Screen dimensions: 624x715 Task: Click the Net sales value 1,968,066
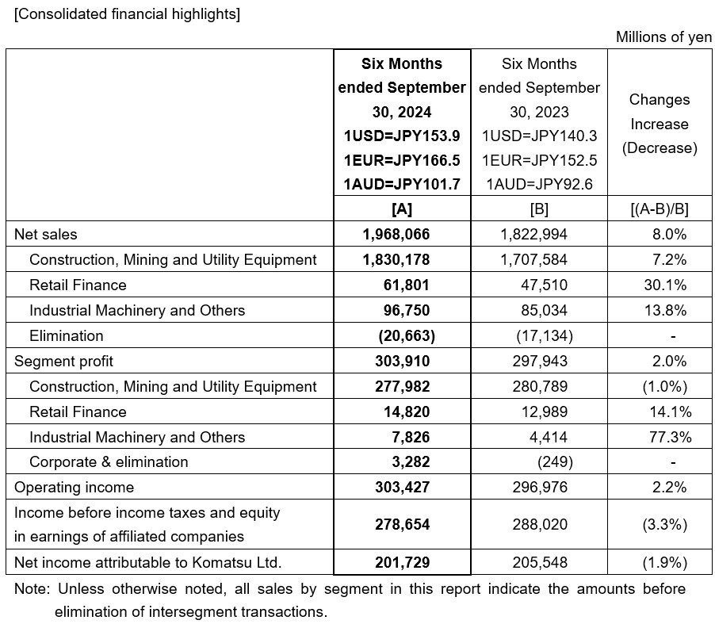(402, 234)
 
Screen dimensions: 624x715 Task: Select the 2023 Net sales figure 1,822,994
(534, 234)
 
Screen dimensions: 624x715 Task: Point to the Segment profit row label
(63, 361)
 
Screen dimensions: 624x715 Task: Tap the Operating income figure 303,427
(402, 487)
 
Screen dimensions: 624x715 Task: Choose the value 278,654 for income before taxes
(402, 524)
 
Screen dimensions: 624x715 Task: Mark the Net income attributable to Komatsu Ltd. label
(148, 562)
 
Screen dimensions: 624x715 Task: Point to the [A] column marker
(402, 209)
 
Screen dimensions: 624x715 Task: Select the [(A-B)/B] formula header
(659, 209)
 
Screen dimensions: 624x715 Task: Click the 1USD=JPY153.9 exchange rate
(402, 136)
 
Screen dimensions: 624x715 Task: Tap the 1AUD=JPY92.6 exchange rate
(539, 185)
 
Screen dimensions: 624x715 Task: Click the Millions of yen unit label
(663, 37)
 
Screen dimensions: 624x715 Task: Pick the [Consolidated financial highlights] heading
(127, 14)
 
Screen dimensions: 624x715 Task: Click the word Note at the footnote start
(30, 589)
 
